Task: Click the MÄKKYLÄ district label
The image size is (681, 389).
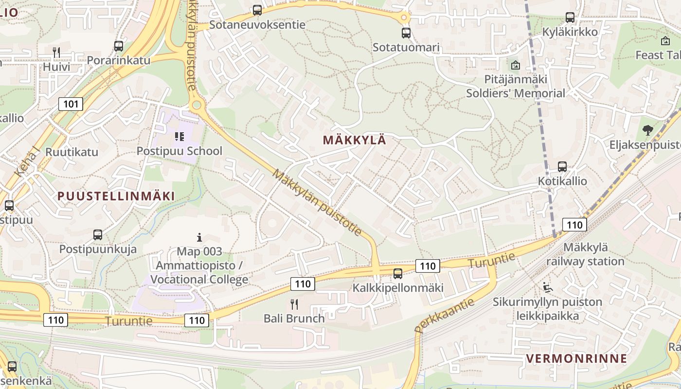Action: [354, 140]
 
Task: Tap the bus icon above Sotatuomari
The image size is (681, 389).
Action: [406, 33]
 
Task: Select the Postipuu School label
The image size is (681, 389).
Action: [179, 151]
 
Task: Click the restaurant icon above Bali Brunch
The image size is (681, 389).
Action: [294, 304]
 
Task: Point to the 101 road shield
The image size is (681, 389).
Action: [71, 104]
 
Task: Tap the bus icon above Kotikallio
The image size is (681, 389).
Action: [562, 167]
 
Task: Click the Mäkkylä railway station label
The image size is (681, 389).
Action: [585, 254]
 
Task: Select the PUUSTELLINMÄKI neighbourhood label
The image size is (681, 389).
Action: [116, 196]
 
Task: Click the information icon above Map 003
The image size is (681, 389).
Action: [199, 237]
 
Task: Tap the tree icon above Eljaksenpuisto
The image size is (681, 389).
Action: [647, 130]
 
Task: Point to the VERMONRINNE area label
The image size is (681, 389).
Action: [576, 359]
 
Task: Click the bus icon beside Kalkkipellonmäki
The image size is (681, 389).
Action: [398, 274]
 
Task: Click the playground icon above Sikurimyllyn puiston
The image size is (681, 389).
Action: [548, 287]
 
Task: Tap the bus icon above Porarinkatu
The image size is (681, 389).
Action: [119, 46]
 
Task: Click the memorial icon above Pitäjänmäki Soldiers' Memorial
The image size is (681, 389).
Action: [515, 65]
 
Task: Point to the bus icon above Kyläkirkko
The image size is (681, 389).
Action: [570, 18]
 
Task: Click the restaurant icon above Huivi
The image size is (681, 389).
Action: [56, 53]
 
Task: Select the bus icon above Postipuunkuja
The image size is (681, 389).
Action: [98, 235]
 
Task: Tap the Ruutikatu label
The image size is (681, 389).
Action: [72, 152]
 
